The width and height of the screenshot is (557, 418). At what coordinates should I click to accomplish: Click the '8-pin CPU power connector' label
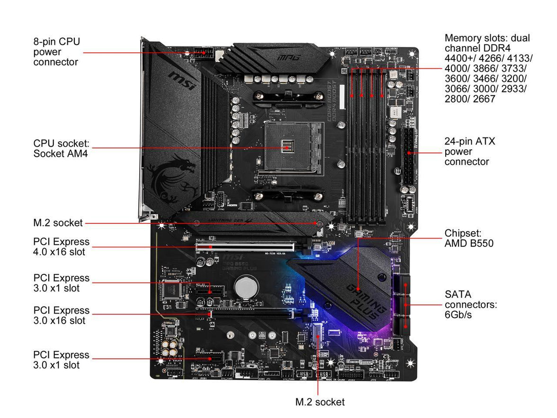pos(56,52)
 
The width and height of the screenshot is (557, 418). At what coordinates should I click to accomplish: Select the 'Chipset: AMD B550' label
pos(469,238)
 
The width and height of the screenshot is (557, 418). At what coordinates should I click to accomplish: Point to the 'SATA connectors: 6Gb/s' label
pos(470,304)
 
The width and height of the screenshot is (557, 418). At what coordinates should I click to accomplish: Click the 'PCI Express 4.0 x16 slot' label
pos(61,246)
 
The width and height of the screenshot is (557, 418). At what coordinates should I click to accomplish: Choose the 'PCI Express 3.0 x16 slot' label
pos(61,315)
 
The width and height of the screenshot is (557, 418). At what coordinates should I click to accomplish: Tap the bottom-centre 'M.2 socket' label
pos(320,402)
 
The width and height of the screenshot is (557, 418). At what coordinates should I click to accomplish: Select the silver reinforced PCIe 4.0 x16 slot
pos(245,246)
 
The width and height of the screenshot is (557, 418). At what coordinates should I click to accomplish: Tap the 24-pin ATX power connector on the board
pos(407,156)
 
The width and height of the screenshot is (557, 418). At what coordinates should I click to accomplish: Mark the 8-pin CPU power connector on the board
pos(201,52)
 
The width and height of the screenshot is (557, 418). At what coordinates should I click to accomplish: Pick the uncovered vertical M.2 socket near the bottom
pos(317,339)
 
